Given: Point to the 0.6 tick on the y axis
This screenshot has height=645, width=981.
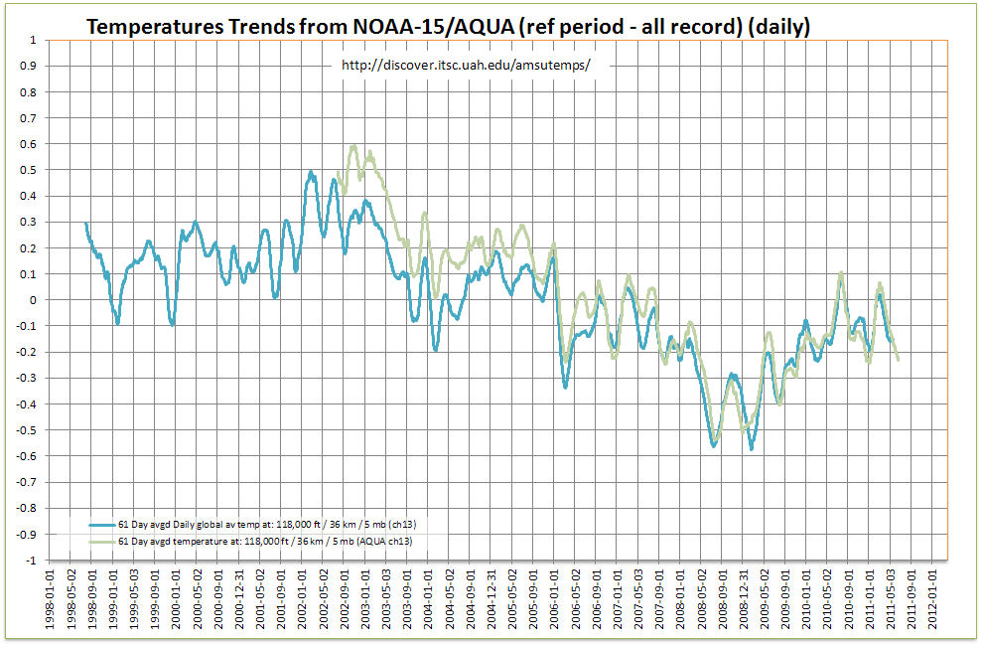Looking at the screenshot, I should click(x=29, y=144).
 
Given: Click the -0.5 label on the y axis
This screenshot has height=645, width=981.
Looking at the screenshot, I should click(x=27, y=430).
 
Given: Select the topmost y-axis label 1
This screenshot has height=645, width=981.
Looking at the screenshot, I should click(x=34, y=41).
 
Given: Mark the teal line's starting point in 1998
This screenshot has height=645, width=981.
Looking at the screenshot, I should click(x=86, y=224).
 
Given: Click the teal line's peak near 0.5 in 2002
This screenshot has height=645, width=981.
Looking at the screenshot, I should click(x=311, y=172).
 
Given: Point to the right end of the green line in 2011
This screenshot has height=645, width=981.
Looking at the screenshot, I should click(x=899, y=360).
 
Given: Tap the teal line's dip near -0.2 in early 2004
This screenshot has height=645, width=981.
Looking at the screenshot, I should click(x=436, y=349).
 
